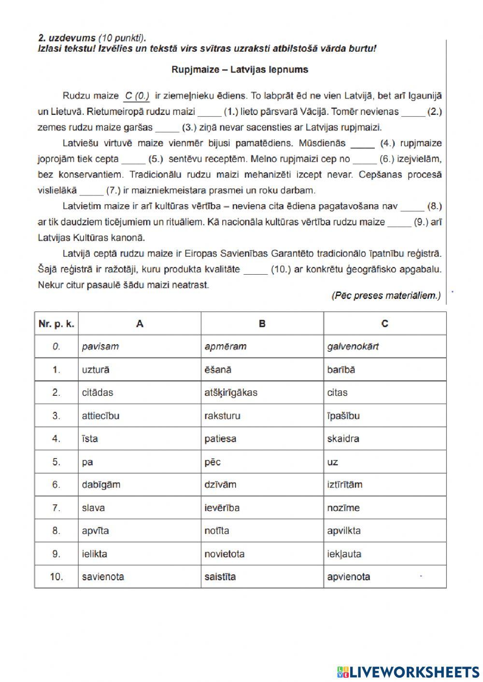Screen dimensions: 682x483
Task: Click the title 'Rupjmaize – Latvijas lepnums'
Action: click(x=240, y=70)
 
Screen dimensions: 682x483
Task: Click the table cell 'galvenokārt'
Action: click(x=353, y=347)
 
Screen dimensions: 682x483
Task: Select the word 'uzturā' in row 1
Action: click(x=96, y=370)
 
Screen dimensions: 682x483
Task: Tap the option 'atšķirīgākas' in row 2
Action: click(x=231, y=392)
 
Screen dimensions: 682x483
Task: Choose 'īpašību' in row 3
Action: click(x=343, y=416)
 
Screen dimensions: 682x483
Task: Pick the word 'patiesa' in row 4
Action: click(x=220, y=439)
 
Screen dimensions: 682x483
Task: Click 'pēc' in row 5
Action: click(x=213, y=462)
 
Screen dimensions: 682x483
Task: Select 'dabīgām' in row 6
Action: click(x=101, y=485)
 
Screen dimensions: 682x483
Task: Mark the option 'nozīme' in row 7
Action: click(x=343, y=508)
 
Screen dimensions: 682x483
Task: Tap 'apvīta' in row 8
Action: click(x=96, y=531)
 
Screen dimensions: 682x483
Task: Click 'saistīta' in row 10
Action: click(x=220, y=577)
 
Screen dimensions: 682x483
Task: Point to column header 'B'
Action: click(x=262, y=324)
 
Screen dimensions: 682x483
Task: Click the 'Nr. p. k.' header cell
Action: click(x=57, y=324)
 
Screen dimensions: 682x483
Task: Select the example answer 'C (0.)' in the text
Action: click(x=137, y=96)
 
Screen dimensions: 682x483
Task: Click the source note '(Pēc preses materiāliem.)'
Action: click(x=385, y=296)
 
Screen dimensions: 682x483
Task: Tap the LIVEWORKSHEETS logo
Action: click(x=408, y=671)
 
